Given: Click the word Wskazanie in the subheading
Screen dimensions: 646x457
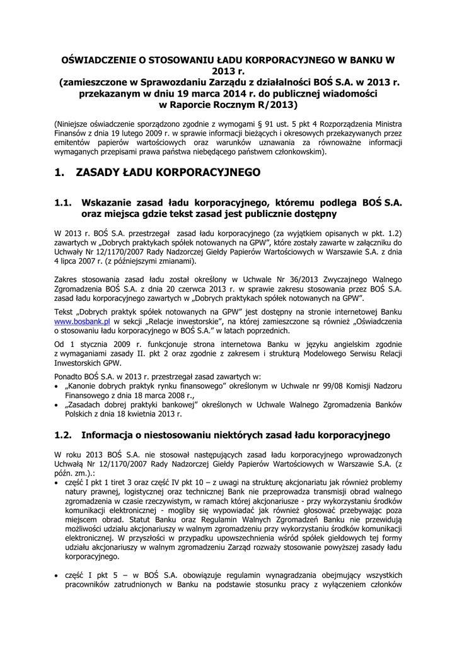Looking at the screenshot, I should (115, 203).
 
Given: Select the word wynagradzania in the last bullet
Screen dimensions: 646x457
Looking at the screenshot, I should (248, 575).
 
